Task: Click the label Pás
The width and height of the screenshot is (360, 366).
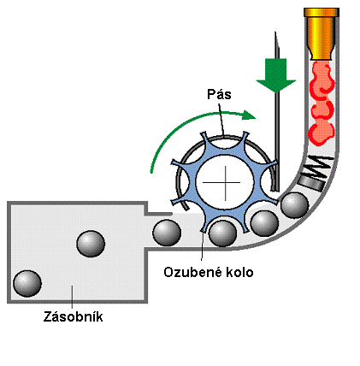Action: coord(219,94)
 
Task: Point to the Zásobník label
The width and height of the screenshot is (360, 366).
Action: coord(73,316)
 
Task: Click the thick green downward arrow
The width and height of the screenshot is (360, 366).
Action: coord(275,75)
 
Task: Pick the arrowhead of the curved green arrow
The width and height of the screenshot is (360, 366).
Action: coord(249,115)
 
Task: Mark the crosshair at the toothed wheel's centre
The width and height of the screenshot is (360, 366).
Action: coord(226,183)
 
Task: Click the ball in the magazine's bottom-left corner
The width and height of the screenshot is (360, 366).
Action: coord(27,284)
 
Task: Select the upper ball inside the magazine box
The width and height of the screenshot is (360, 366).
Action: coord(91,244)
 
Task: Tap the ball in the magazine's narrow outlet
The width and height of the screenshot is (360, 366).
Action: coord(167,233)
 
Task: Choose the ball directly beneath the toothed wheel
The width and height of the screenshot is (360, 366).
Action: coord(222,233)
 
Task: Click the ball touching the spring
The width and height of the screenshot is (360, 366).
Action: coord(295,205)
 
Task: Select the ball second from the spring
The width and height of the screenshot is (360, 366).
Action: coord(264,223)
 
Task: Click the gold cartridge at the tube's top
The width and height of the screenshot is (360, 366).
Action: coord(322,33)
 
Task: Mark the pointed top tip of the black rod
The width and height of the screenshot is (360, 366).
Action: coord(275,32)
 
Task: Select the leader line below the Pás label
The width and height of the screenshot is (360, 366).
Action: coord(221,119)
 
